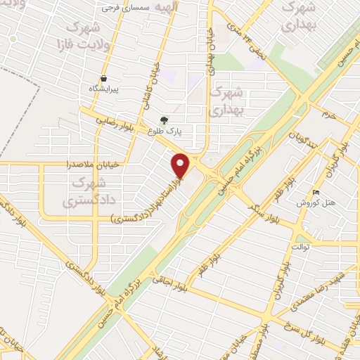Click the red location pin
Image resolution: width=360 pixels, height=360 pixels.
coord(181,166)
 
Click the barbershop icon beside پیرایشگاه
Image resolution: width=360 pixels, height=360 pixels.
coord(104,78)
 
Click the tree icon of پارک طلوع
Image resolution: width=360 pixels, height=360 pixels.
coord(165,120)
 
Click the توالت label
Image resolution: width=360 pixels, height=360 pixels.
coord(301,247)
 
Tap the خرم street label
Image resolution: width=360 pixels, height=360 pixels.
coord(323,113)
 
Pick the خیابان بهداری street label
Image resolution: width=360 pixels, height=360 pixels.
coord(210,53)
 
